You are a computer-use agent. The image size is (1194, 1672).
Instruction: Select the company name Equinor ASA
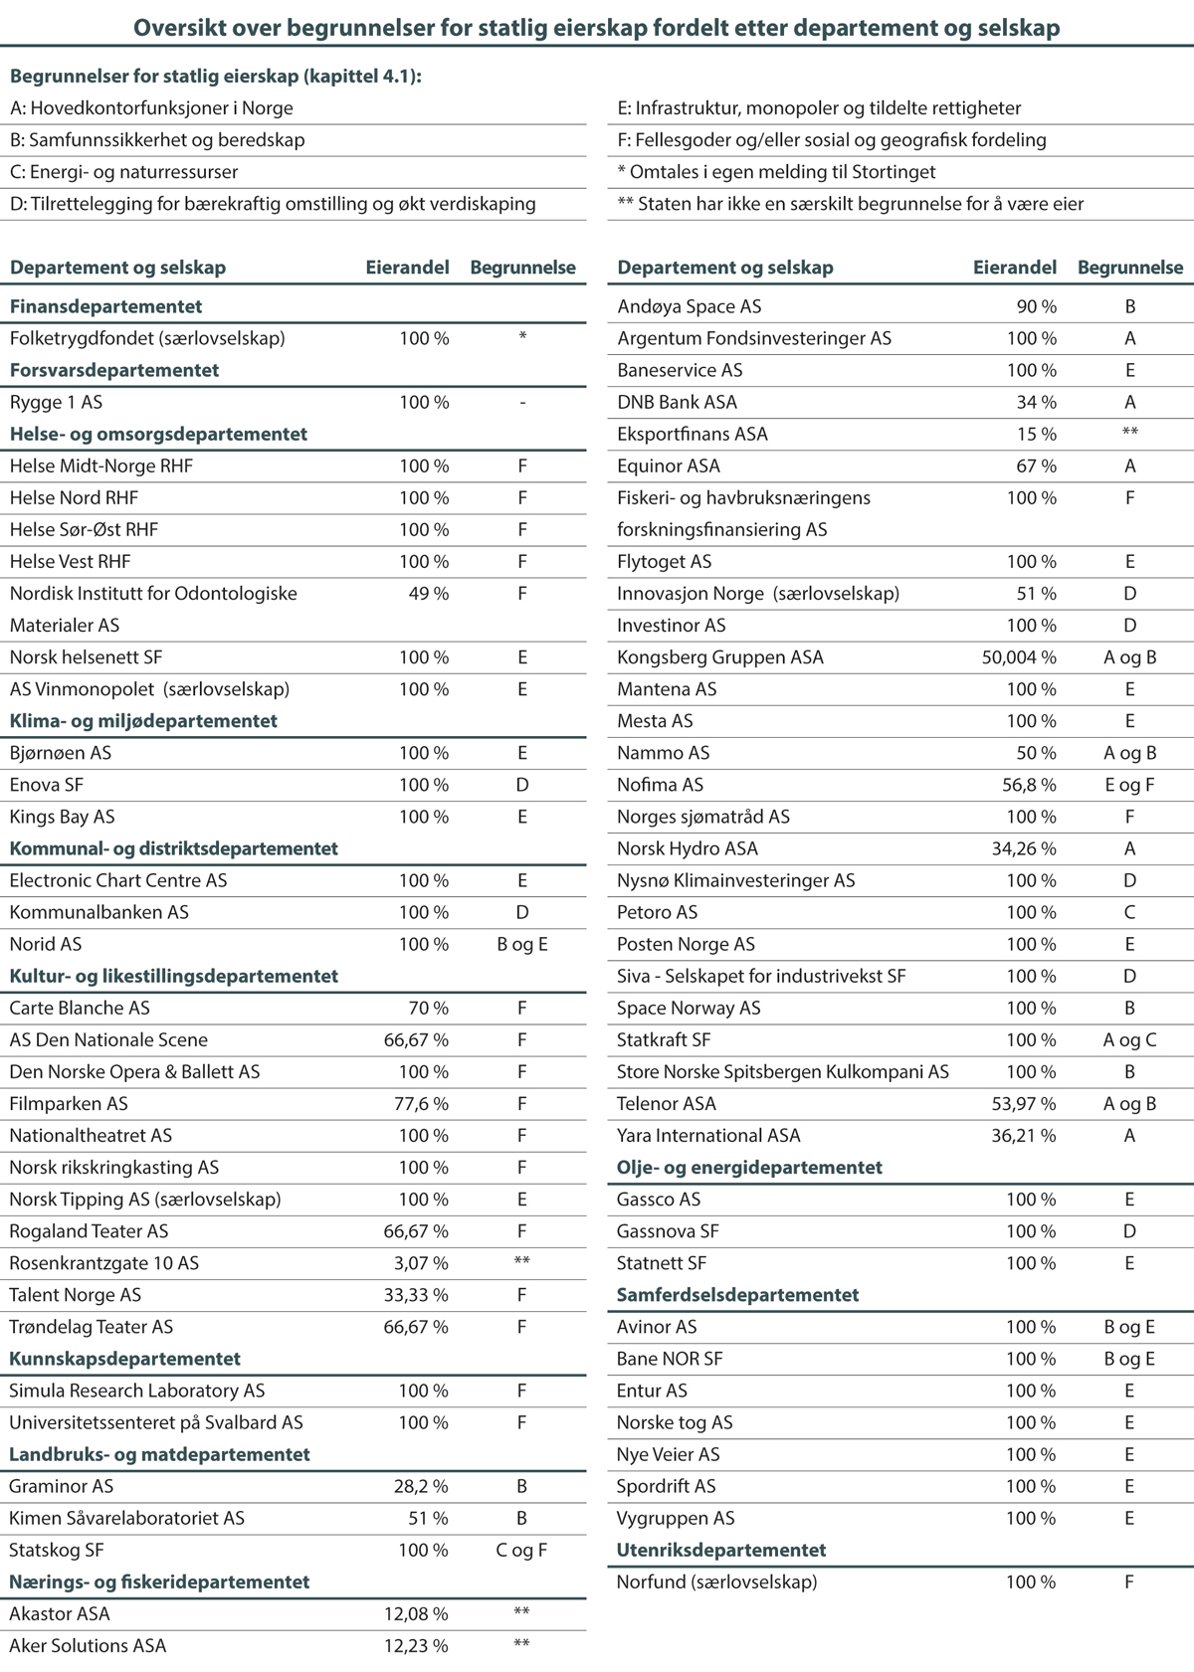(668, 466)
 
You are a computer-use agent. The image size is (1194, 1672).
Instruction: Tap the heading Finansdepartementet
(105, 307)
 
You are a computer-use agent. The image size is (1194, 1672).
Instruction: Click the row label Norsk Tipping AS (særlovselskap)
(145, 1200)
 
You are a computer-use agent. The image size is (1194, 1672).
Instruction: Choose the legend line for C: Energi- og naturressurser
(124, 172)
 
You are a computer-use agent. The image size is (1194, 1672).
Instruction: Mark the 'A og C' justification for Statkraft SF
(1129, 1040)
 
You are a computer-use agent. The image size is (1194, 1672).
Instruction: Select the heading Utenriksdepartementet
(721, 1550)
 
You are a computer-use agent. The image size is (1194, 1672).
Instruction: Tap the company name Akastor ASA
(60, 1613)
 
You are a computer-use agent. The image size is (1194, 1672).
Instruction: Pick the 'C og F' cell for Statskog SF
(521, 1550)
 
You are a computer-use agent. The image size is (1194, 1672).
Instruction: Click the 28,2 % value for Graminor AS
(421, 1486)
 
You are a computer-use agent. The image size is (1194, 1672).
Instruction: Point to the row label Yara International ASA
(708, 1136)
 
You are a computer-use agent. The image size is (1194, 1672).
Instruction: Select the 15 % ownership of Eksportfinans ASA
(1036, 435)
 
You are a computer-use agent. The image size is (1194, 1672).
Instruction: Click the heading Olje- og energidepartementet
(749, 1168)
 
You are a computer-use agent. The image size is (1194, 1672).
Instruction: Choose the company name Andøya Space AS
(689, 307)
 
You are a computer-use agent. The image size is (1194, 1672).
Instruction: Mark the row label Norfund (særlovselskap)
(716, 1581)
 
